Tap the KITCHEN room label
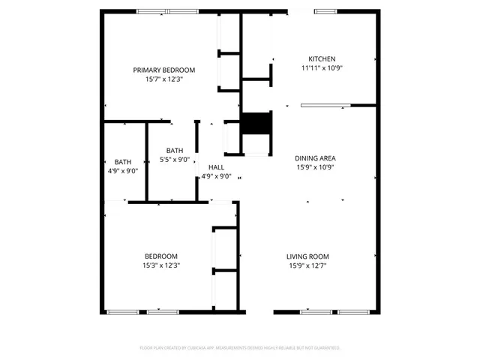point(322,58)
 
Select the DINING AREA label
point(315,158)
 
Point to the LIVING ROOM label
point(307,256)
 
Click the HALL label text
point(216,167)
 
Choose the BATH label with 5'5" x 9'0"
point(175,150)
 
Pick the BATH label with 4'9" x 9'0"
point(122,162)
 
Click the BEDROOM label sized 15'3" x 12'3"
point(160,256)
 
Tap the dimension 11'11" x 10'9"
point(322,67)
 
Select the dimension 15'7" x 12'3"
point(164,79)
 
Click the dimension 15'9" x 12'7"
point(307,265)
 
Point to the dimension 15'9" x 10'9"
point(315,167)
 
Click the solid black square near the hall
point(256,123)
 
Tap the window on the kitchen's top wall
point(325,11)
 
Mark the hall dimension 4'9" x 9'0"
point(216,176)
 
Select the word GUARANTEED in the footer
point(323,348)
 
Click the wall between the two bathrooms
point(146,161)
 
